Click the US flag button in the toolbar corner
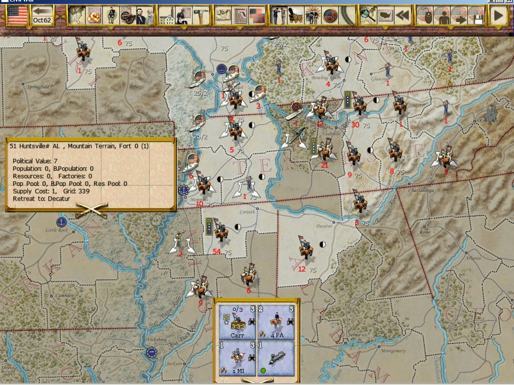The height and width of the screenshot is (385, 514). [17, 16]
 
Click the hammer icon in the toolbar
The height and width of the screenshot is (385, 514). [201, 16]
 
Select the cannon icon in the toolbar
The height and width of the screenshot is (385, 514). [125, 16]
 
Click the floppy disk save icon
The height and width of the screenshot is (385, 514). [475, 16]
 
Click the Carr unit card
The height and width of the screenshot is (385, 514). [237, 322]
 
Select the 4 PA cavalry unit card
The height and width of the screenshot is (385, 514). [276, 322]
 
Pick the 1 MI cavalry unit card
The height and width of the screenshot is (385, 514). [237, 358]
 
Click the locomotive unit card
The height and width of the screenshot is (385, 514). [276, 358]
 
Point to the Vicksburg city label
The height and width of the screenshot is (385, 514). [156, 339]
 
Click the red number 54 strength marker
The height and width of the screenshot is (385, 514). [217, 251]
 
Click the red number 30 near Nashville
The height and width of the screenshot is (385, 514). [355, 125]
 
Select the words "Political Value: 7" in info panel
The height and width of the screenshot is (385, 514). [35, 161]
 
